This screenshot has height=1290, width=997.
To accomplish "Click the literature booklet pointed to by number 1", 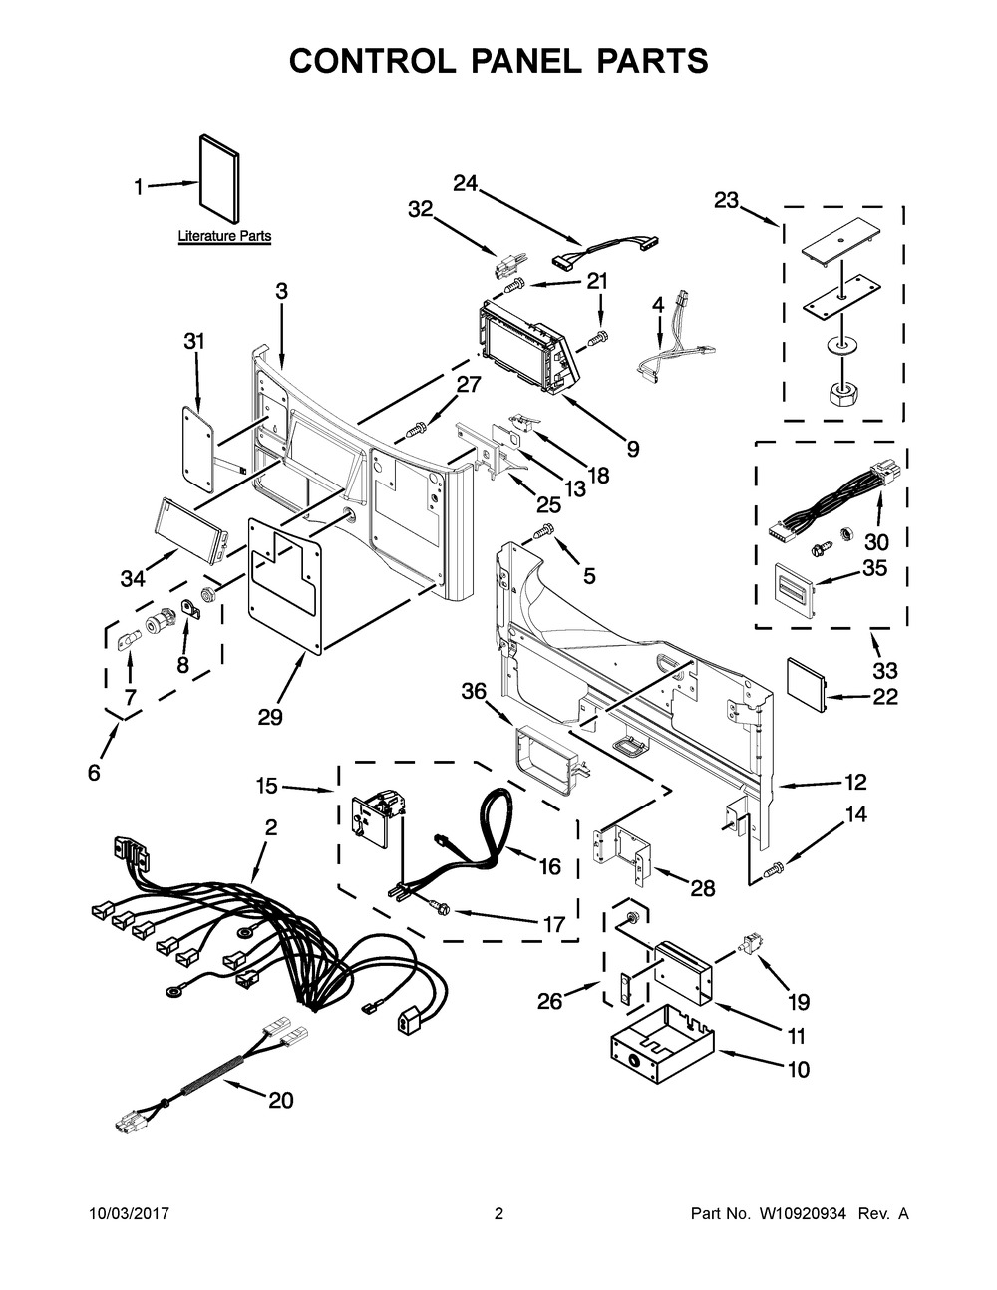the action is click(219, 179).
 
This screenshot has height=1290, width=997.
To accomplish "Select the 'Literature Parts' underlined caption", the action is click(224, 237).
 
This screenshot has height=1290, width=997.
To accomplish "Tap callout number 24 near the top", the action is click(466, 183).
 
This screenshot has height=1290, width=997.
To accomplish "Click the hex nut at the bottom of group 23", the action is click(845, 391).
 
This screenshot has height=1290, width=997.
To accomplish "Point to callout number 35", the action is click(873, 569).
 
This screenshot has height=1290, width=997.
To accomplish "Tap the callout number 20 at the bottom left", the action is click(281, 1100).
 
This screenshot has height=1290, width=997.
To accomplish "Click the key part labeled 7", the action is click(128, 637).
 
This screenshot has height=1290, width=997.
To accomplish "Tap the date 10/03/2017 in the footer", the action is click(129, 1214).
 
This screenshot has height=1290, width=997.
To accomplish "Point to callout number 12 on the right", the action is click(855, 781).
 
